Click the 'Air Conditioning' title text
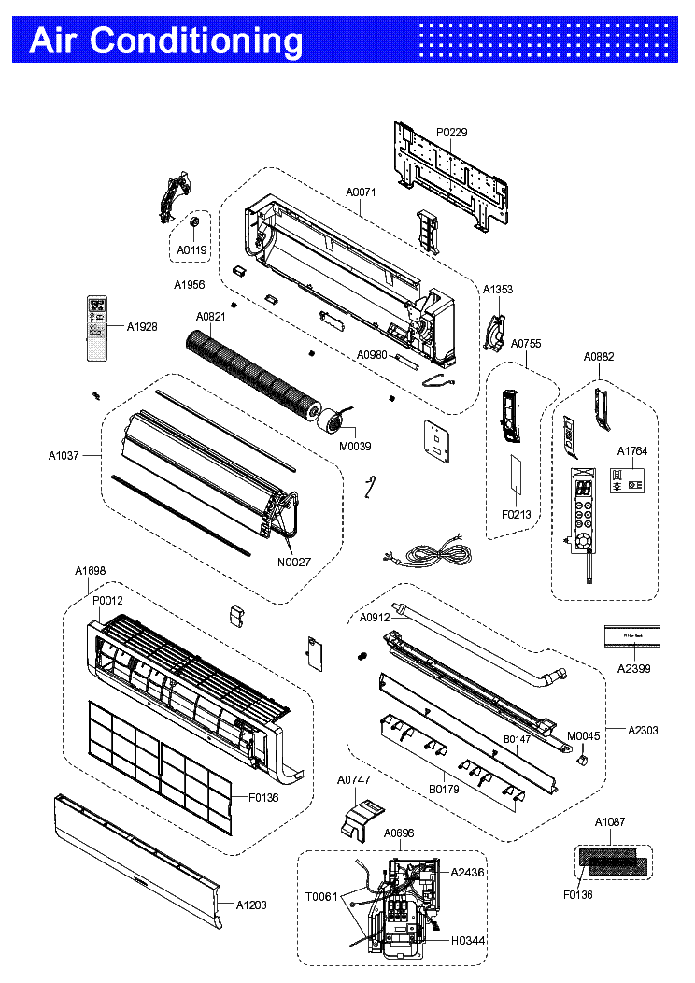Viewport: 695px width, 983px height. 166,41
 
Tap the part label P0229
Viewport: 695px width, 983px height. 451,133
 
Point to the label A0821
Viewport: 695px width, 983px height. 210,317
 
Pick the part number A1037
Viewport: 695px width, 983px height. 64,456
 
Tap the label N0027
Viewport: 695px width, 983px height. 294,562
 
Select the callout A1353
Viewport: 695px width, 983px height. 498,290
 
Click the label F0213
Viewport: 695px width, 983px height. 516,513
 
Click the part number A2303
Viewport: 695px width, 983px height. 642,730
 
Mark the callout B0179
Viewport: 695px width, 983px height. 444,790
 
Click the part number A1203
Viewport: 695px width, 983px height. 250,905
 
